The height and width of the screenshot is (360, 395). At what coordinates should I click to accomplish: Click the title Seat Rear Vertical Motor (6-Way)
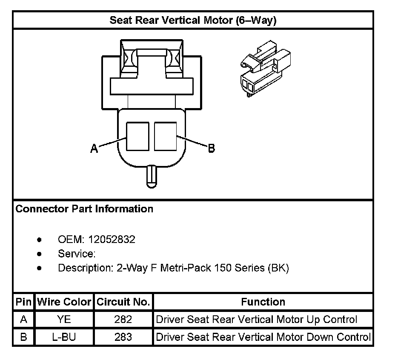[x=193, y=20]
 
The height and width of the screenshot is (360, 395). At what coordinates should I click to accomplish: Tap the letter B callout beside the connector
[x=211, y=148]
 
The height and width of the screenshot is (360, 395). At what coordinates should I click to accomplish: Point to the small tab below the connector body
[x=152, y=176]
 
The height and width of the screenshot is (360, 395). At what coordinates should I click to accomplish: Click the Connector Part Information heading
[x=84, y=209]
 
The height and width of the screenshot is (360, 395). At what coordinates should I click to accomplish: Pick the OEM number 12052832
[x=112, y=239]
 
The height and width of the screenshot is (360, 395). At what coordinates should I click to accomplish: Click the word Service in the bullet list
[x=75, y=254]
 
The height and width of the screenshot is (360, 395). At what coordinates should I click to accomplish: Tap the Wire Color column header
[x=64, y=302]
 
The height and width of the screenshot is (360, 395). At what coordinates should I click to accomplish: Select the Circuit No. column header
[x=123, y=302]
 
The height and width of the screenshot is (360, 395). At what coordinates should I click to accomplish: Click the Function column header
[x=263, y=302]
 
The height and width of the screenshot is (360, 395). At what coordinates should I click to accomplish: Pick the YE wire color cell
[x=64, y=320]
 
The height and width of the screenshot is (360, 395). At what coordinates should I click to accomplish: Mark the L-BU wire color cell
[x=64, y=337]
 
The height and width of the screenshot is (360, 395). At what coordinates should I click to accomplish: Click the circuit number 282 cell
[x=123, y=320]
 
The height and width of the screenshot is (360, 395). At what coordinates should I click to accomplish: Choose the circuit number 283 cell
[x=123, y=337]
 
